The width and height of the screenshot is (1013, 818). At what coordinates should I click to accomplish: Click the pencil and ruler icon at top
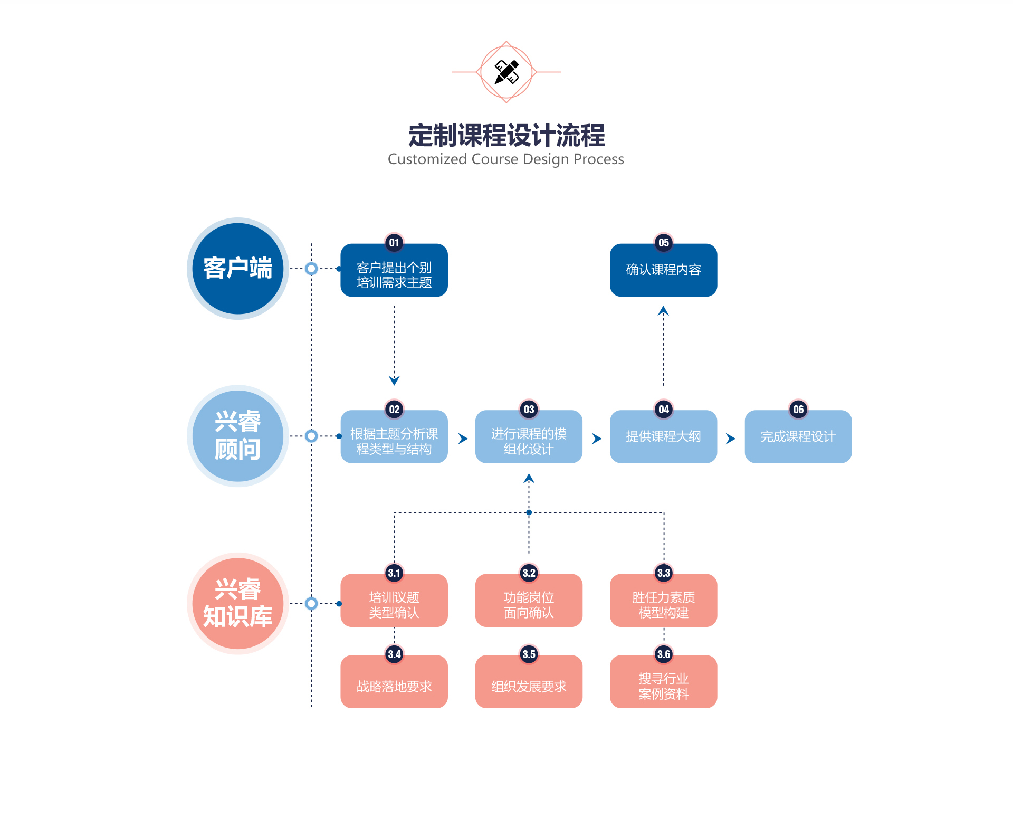tap(506, 72)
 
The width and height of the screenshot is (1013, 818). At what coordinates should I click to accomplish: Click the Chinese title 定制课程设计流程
tap(506, 136)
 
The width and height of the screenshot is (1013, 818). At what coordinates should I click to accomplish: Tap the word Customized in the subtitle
tap(427, 159)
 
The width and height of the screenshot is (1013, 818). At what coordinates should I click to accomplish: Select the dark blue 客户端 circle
tap(237, 269)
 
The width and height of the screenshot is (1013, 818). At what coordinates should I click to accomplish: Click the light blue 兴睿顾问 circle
tap(237, 436)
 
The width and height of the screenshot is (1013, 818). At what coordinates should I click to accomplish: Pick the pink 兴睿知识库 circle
tap(237, 603)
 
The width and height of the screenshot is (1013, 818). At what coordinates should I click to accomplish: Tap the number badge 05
tap(663, 243)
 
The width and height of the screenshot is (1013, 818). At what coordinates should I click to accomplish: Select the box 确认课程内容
tap(663, 270)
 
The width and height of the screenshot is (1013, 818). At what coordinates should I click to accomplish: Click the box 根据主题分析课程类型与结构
tap(394, 441)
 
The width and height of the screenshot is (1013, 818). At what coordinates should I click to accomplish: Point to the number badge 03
tap(529, 410)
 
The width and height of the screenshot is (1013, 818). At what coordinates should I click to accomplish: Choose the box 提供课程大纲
tap(663, 437)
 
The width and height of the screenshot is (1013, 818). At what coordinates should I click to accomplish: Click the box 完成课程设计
tap(798, 437)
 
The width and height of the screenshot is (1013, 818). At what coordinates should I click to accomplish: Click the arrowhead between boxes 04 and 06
tap(730, 439)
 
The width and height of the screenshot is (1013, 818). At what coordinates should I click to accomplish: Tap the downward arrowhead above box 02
tap(394, 380)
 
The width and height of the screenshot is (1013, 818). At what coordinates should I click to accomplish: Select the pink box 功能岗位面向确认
tap(529, 605)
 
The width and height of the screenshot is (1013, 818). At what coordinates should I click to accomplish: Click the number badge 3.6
tap(663, 654)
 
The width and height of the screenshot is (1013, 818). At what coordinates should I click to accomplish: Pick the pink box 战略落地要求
tap(394, 686)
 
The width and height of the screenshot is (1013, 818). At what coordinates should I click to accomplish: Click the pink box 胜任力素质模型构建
tap(663, 605)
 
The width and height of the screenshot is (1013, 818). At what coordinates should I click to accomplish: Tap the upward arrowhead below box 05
tap(663, 311)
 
